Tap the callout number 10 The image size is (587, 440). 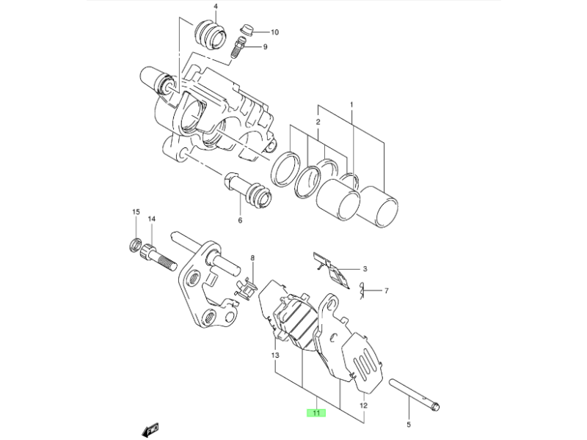pos(274,32)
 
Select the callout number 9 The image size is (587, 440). pos(265,47)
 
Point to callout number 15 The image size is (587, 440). pos(135,212)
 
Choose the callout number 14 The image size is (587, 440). pos(152,219)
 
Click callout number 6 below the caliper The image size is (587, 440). pos(239,220)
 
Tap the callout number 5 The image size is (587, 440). pos(409,424)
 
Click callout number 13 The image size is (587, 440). pos(274,356)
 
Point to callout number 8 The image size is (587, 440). pos(252,258)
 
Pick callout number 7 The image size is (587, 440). pos(386,291)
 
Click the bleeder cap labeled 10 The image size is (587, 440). pos(247,32)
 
